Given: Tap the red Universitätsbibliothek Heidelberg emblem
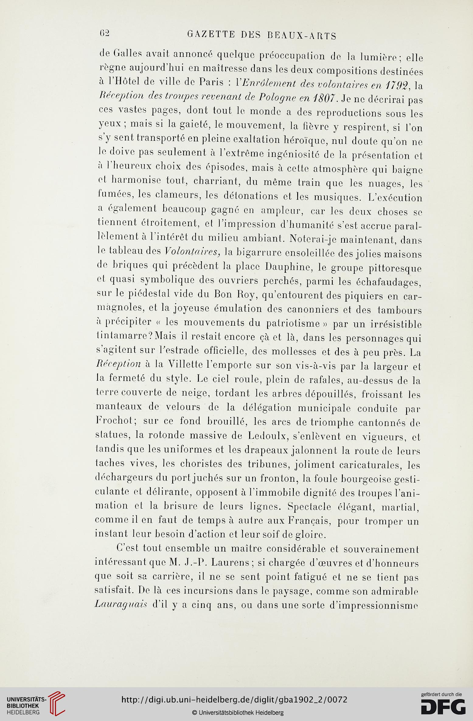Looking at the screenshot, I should pos(57,702).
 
